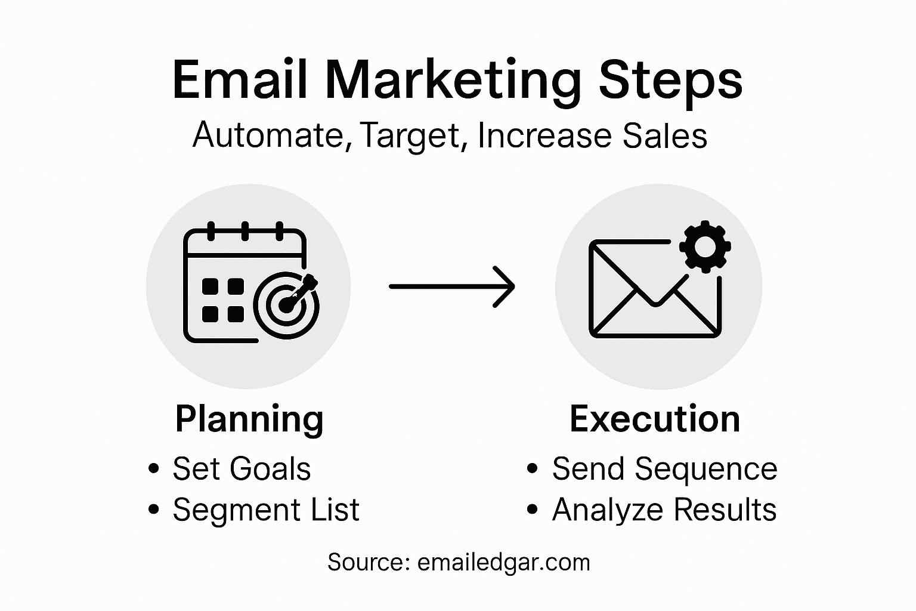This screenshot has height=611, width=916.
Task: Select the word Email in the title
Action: coord(240,80)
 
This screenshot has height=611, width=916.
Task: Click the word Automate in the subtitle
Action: coord(268,135)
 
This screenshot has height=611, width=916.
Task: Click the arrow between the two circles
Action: coord(451,287)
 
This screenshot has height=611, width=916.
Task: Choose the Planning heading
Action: coord(249,419)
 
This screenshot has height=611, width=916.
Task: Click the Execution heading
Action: coord(654,419)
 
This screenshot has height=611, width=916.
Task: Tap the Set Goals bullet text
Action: coord(242,469)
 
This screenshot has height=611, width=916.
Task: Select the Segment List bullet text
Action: coord(265,510)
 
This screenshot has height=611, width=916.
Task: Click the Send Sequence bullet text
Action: coord(664,469)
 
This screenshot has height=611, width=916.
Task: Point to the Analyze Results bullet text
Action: coord(664,510)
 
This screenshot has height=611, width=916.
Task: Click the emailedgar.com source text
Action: coord(503,563)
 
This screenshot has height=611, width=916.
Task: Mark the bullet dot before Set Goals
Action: coord(154,468)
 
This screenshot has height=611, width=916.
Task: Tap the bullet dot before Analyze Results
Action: coord(533,510)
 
